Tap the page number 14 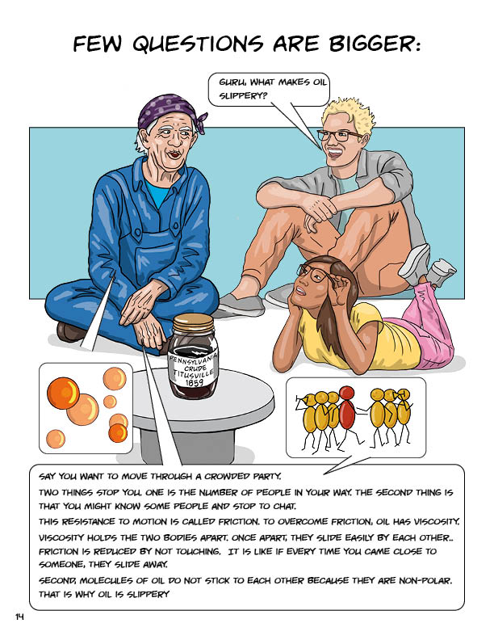coord(19,617)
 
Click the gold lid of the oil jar coord(193,323)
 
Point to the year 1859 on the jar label coord(194,382)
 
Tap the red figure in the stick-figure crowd coord(346,412)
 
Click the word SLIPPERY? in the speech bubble coord(243,95)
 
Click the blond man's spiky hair coord(349,112)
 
